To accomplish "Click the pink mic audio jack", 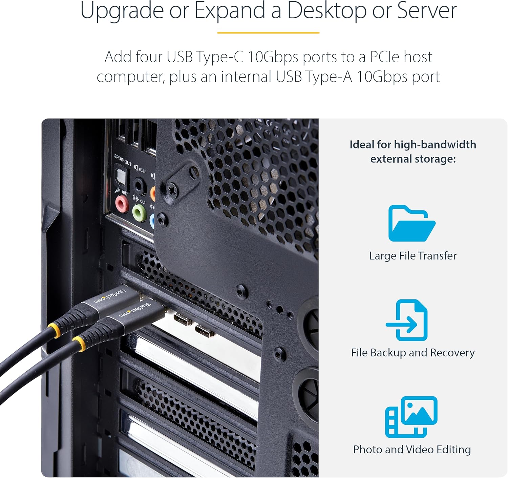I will pos(121,204).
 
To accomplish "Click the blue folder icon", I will pos(411,224).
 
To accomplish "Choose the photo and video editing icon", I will pos(411,417).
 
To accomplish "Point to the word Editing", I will pos(453,450).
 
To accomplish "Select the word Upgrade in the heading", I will pos(122,11).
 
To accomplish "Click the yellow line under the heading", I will pos(268,33).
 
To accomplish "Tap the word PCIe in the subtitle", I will pos(384,57).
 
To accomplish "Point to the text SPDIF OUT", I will pos(123,160).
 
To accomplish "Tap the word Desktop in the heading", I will pos(327,11).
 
